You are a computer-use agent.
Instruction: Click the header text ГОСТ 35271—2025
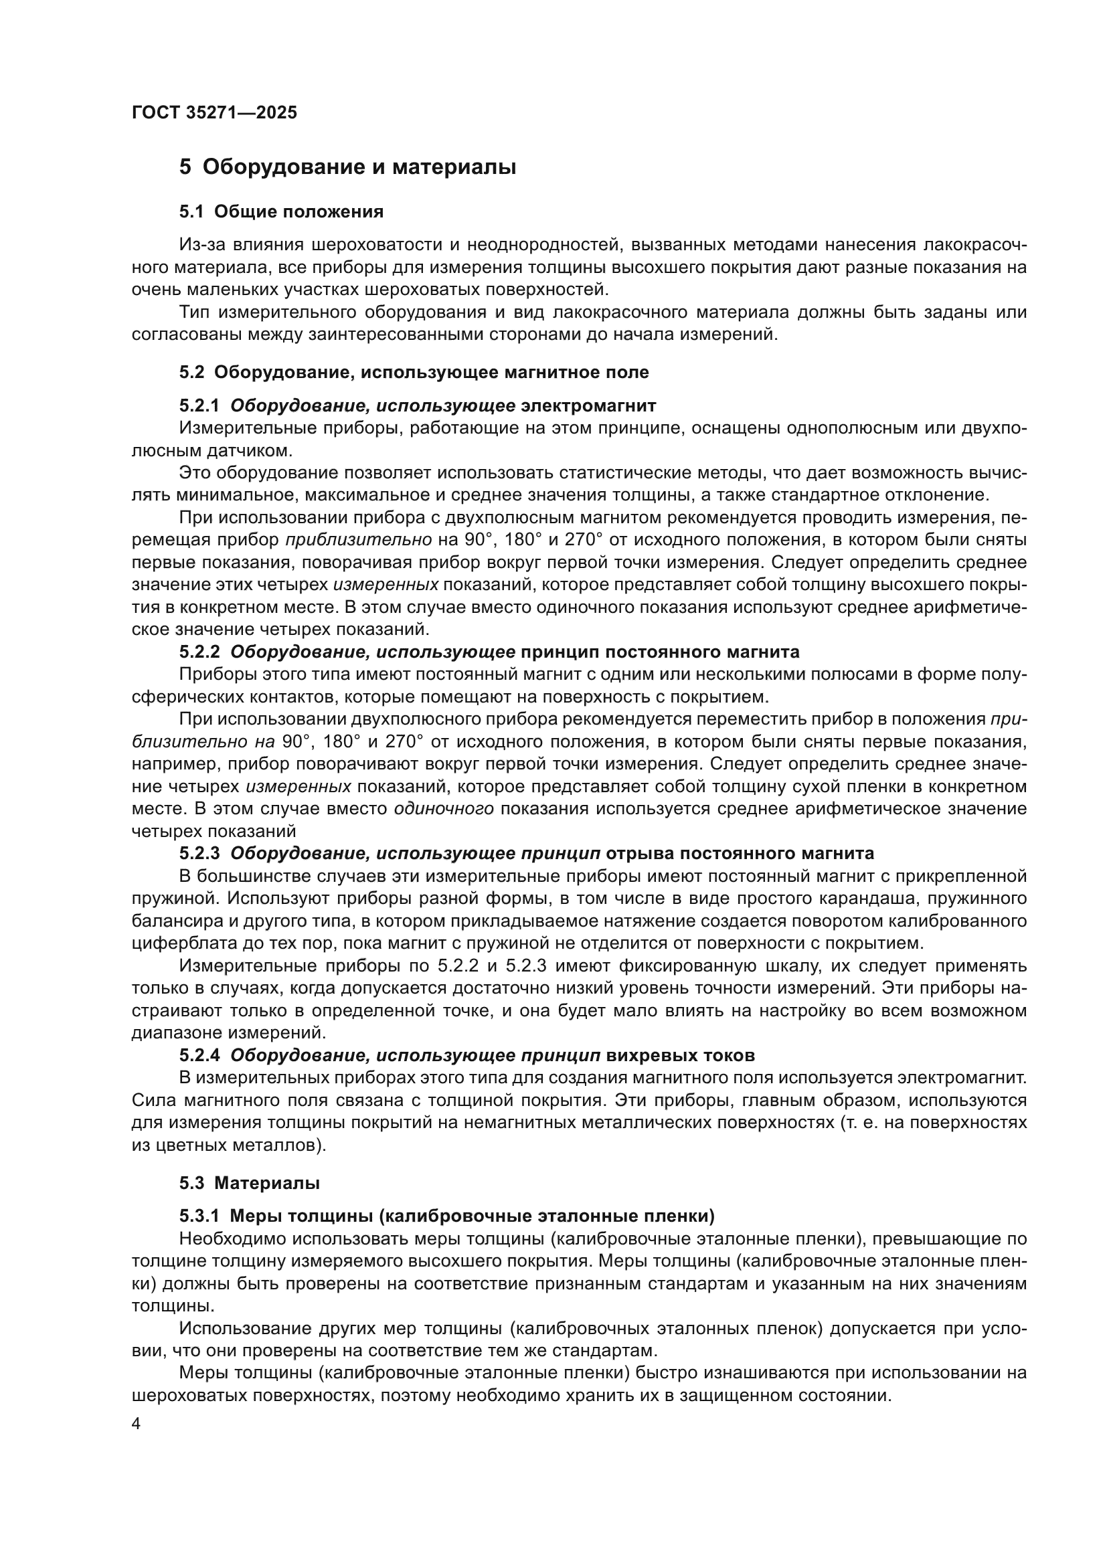(214, 113)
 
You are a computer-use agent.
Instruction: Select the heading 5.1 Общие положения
(281, 212)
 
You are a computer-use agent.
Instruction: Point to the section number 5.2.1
(199, 406)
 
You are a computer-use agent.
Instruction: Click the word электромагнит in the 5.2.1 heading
(588, 406)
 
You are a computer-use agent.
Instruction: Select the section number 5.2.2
(199, 652)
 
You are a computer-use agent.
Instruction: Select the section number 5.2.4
(199, 1056)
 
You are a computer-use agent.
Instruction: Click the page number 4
(137, 1424)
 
